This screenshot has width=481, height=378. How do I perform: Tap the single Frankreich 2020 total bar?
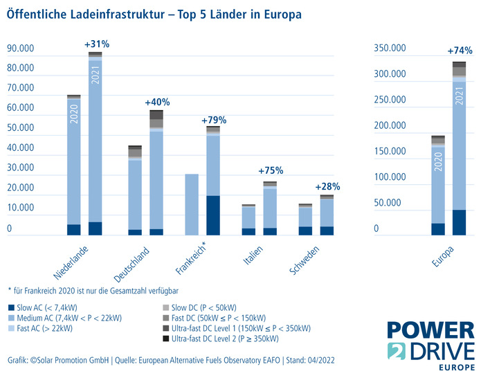(x=192, y=204)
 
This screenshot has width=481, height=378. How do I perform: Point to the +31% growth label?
(x=97, y=44)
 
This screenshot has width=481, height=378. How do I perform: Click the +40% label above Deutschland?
(x=157, y=102)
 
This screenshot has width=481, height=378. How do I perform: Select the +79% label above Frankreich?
(x=214, y=119)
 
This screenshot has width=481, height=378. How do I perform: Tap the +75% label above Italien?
(x=271, y=170)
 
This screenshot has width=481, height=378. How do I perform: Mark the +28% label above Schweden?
(x=327, y=187)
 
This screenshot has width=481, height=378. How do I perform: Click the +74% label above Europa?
(x=460, y=51)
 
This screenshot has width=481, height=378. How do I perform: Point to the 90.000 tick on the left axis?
(x=20, y=49)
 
